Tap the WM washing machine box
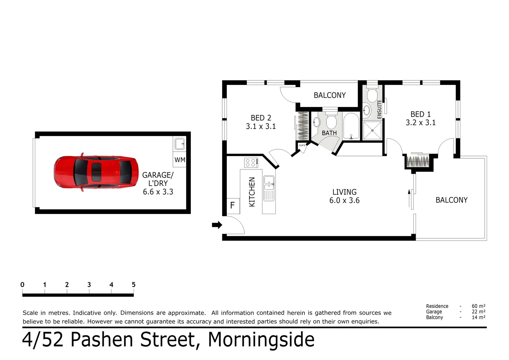[x=180, y=160]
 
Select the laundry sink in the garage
[x=180, y=144]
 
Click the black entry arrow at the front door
[x=217, y=225]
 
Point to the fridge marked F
[x=233, y=205]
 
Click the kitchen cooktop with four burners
[x=251, y=163]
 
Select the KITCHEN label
[x=252, y=192]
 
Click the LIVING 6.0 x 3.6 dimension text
[x=344, y=200]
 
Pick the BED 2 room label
[x=261, y=118]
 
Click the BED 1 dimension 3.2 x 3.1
[x=420, y=123]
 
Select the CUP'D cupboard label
[x=302, y=146]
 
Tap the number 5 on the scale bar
[x=134, y=285]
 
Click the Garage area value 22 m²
[x=478, y=312]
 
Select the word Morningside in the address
[x=261, y=340]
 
